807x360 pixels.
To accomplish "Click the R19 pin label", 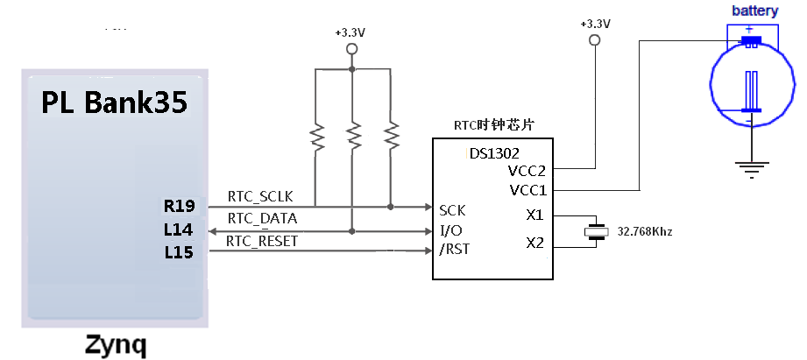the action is pyautogui.click(x=180, y=206).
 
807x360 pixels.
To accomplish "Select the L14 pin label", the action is pyautogui.click(x=179, y=229).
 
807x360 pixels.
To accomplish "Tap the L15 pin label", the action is pyautogui.click(x=179, y=252).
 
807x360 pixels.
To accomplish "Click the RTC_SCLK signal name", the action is pyautogui.click(x=260, y=196).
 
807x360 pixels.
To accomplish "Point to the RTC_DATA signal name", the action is pyautogui.click(x=263, y=219).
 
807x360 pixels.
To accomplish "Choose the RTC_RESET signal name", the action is pyautogui.click(x=262, y=241).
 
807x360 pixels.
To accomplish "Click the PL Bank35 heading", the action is pyautogui.click(x=114, y=102).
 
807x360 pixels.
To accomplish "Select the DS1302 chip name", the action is pyautogui.click(x=494, y=153).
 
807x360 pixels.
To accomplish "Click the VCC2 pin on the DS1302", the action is pyautogui.click(x=527, y=171).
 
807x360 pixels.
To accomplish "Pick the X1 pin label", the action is pyautogui.click(x=534, y=215).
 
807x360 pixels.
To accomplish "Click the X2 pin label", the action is pyautogui.click(x=534, y=243).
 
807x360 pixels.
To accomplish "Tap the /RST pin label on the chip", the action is pyautogui.click(x=455, y=250).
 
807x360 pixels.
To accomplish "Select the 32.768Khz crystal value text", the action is pyautogui.click(x=645, y=232).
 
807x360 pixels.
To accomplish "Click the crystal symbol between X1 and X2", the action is pyautogui.click(x=596, y=231).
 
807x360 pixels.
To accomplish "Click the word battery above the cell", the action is pyautogui.click(x=755, y=11).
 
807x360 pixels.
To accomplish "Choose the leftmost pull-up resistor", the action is pyautogui.click(x=317, y=137).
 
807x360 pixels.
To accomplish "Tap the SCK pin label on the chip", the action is pyautogui.click(x=452, y=211).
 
